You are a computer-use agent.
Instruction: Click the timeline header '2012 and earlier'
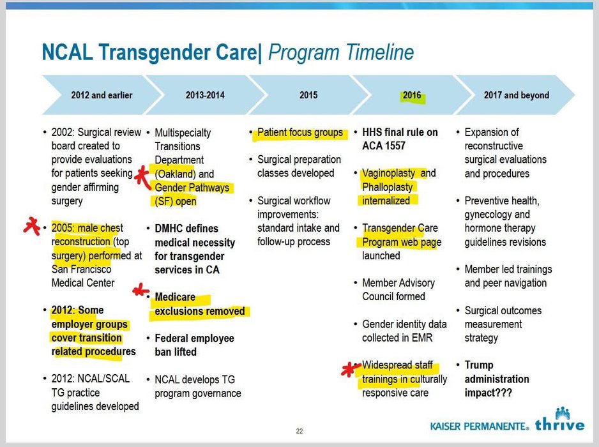click(102, 95)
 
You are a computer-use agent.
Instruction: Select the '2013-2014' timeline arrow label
click(205, 95)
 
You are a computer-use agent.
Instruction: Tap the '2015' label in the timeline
click(308, 95)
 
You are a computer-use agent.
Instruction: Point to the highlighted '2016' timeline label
click(412, 95)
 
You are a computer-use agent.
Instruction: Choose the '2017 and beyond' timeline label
click(516, 95)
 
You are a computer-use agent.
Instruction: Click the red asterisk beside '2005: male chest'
click(29, 225)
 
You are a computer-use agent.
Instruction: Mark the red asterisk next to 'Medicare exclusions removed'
click(140, 292)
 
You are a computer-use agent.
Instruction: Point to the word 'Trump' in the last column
click(479, 365)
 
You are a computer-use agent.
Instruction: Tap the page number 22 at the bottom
click(299, 430)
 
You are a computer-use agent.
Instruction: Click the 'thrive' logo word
click(559, 425)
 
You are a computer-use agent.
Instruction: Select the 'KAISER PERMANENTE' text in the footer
click(480, 426)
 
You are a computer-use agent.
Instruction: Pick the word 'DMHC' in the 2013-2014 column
click(171, 229)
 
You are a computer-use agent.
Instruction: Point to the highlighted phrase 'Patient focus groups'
click(300, 133)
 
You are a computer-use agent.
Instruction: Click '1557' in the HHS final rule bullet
click(394, 146)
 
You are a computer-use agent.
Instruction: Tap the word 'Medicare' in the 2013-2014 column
click(175, 297)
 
